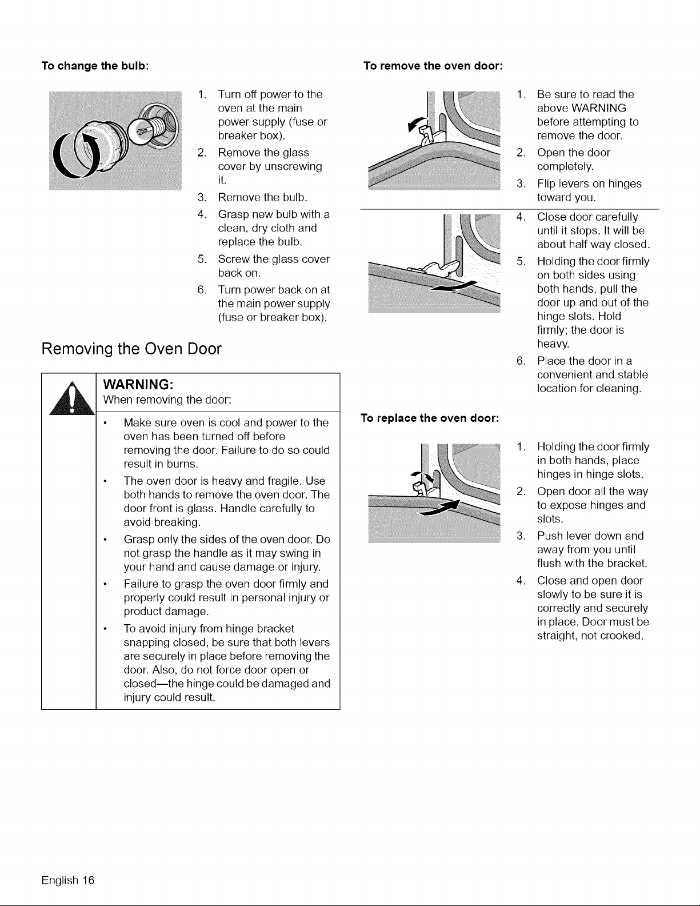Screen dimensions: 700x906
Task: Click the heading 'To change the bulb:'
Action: tap(95, 66)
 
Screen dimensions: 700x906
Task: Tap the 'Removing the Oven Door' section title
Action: tap(131, 349)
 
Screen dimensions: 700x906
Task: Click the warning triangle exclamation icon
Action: tap(71, 398)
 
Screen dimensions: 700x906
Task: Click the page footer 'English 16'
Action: tap(68, 880)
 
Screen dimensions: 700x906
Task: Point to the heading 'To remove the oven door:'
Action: tap(433, 66)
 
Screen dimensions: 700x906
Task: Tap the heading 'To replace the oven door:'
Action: tap(430, 418)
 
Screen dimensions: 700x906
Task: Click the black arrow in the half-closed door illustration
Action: tap(454, 287)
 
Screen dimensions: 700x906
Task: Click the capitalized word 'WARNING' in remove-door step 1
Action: tap(599, 108)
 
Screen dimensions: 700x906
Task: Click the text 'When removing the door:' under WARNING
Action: tap(167, 400)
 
